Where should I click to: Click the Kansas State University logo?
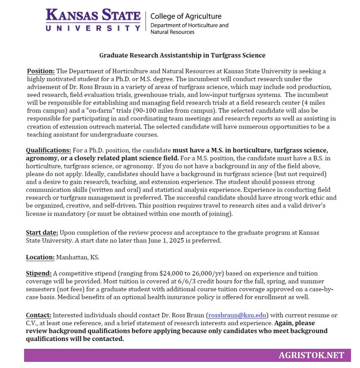coord(93,20)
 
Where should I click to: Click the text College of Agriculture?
coord(186,16)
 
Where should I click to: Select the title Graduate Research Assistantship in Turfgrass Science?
coord(182,55)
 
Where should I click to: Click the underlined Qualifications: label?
coord(48,150)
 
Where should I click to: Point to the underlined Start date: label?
coord(42,232)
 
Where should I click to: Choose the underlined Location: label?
coord(40,257)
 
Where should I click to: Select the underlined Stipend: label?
coord(39,273)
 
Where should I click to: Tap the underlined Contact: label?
coord(39,315)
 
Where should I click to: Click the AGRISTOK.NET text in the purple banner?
coord(311,355)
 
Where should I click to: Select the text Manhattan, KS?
coord(78,257)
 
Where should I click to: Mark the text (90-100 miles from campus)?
coord(175,111)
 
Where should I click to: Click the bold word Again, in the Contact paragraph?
coord(284,323)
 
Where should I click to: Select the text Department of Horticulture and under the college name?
coord(189,25)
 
